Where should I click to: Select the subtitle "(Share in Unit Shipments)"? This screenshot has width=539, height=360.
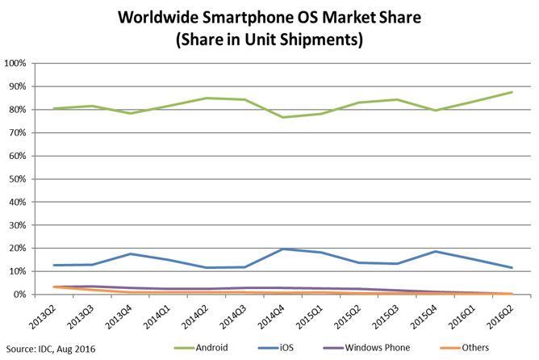pyautogui.click(x=269, y=37)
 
